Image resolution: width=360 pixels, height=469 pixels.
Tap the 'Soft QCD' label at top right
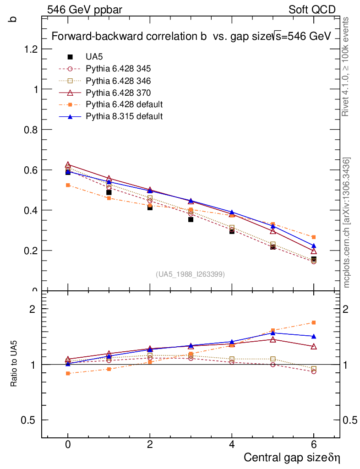(x=312, y=10)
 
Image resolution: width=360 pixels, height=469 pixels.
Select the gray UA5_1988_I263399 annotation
(x=190, y=274)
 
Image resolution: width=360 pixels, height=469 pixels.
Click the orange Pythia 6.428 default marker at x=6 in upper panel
(x=314, y=237)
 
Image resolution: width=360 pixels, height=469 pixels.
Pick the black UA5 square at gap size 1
(x=109, y=192)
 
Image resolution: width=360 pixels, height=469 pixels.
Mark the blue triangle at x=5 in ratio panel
(x=273, y=333)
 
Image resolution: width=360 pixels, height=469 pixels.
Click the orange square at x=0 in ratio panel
(x=68, y=373)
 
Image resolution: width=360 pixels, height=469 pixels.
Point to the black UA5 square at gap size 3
(x=191, y=219)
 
